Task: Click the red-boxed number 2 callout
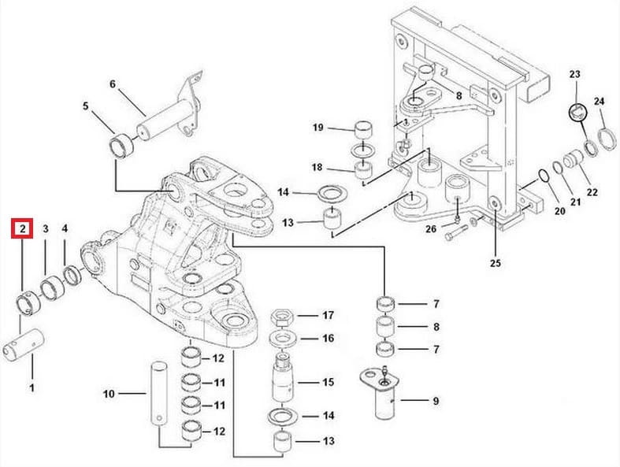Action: click(x=22, y=228)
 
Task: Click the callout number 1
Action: click(x=32, y=387)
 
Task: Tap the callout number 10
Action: click(x=110, y=394)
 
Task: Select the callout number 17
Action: click(x=328, y=315)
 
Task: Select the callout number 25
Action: click(x=495, y=262)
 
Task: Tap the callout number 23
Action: click(x=574, y=74)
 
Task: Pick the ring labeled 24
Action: click(x=607, y=139)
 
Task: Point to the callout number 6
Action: click(x=113, y=83)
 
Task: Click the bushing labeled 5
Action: click(x=121, y=146)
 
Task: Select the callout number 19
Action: click(x=318, y=128)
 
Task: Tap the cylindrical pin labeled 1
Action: click(x=24, y=345)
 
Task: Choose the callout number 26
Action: click(x=431, y=229)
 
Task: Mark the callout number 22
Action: click(x=592, y=192)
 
